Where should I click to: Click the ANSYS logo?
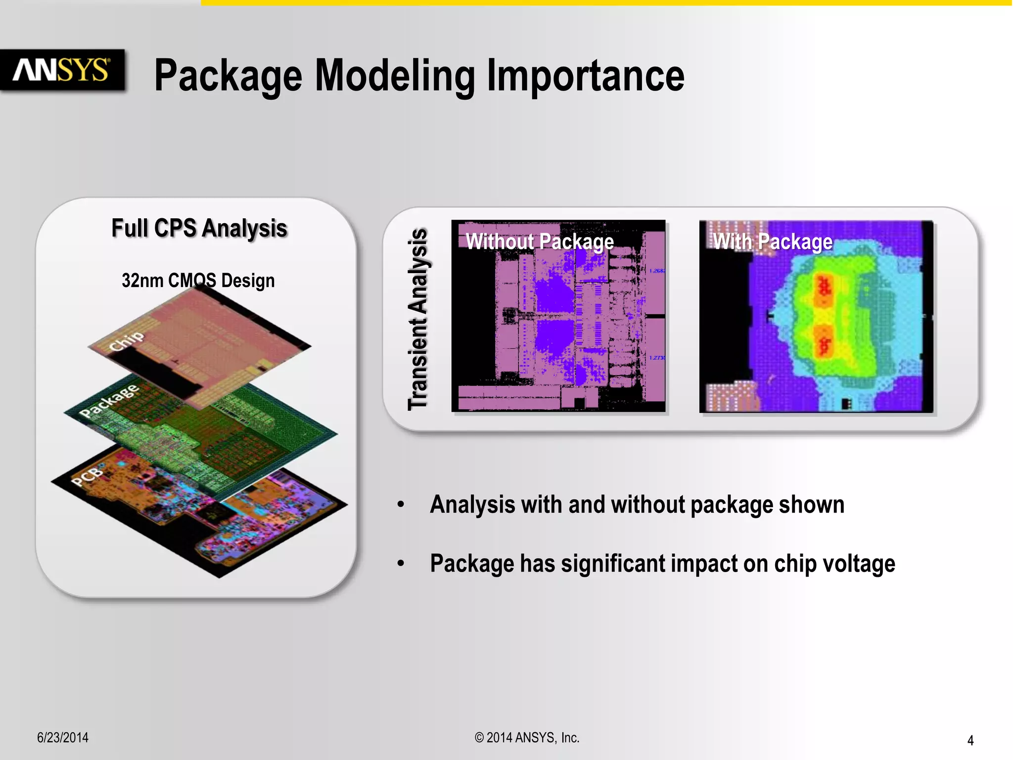coord(61,70)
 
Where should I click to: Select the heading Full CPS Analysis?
coord(199,228)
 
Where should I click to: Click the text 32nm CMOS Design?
coord(198,281)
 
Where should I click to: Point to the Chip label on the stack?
coord(127,341)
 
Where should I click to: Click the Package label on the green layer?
coord(109,401)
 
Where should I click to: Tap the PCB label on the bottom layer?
coord(88,476)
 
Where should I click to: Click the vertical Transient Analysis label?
coord(418,319)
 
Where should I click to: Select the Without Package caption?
coord(540,241)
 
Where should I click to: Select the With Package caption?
coord(773,241)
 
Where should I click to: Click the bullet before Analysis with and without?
coord(401,505)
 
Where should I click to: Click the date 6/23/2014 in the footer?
coord(63,738)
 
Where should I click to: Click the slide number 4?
coord(970,740)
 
